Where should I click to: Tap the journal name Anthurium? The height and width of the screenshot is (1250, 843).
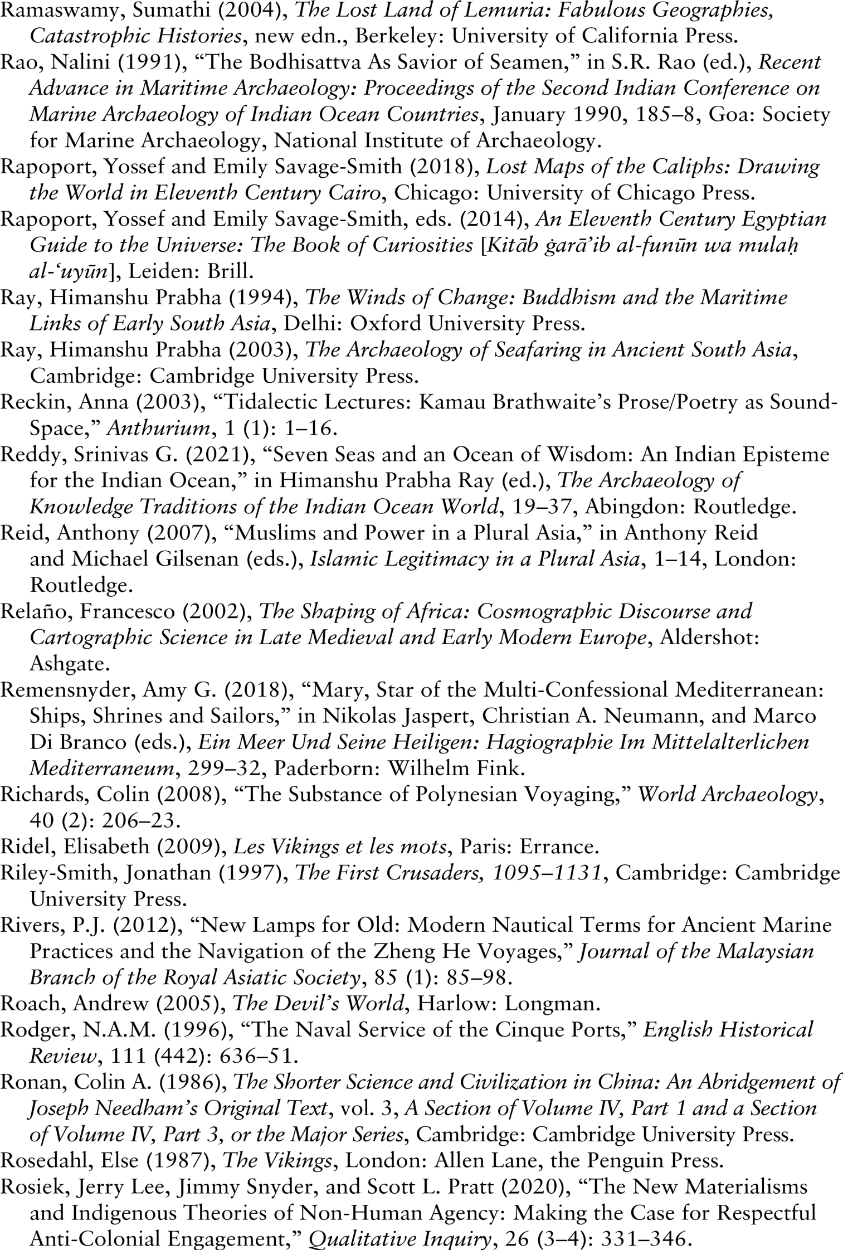pyautogui.click(x=157, y=428)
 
